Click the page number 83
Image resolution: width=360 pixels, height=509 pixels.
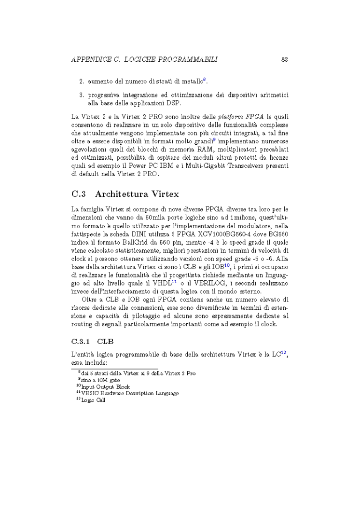tap(284, 59)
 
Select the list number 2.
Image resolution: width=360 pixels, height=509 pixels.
tap(82, 81)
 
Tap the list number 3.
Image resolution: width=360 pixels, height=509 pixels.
tap(82, 95)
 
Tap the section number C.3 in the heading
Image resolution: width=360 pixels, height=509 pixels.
tap(78, 194)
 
